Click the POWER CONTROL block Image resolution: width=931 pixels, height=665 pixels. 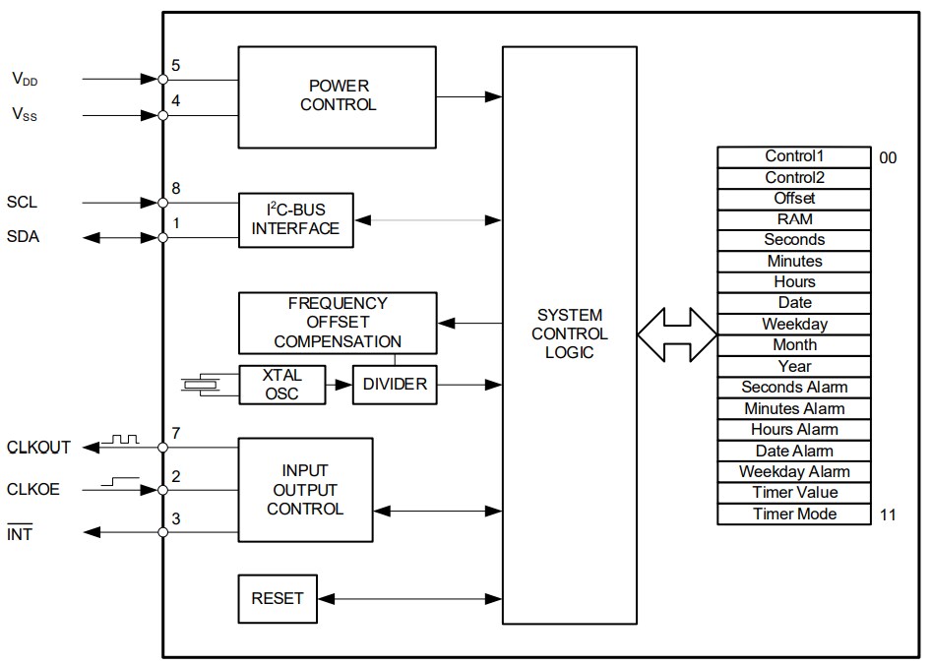click(337, 96)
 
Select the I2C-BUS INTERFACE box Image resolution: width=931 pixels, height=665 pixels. click(295, 219)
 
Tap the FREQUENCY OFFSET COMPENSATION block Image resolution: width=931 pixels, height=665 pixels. click(338, 323)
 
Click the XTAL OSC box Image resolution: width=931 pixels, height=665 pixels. click(281, 384)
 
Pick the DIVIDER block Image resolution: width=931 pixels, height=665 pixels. click(395, 384)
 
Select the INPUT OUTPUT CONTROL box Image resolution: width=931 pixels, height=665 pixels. click(305, 490)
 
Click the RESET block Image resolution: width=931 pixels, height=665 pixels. click(278, 598)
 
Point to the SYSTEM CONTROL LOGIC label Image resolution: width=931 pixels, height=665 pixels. click(569, 333)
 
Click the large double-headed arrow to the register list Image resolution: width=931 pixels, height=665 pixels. click(677, 333)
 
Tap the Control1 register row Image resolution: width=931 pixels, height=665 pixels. click(794, 156)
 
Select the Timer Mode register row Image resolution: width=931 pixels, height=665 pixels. click(794, 514)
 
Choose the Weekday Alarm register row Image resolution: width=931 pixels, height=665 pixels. click(794, 472)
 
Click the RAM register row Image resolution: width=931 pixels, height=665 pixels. click(794, 219)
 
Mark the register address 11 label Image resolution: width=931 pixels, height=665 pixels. click(888, 514)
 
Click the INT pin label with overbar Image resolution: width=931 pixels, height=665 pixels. click(20, 534)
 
